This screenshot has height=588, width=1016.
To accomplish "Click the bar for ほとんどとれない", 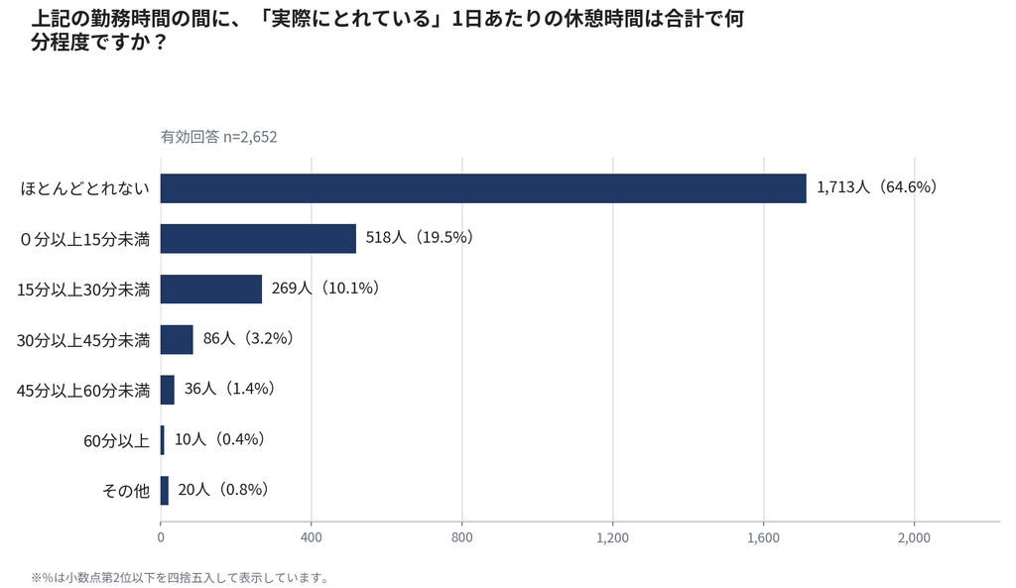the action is click(483, 188).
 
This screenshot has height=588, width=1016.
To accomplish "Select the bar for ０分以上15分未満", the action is click(259, 238).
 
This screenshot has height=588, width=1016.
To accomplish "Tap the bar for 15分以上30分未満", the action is click(211, 289).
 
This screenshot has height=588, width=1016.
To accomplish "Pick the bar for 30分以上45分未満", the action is click(177, 339).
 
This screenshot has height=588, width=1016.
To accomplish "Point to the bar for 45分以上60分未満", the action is click(167, 390).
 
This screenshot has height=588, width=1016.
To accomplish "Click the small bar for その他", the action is click(165, 490).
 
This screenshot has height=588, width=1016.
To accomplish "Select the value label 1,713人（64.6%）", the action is click(877, 187).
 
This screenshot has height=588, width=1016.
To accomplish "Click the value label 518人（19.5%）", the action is click(420, 237).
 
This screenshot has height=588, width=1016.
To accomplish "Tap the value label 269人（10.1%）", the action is click(325, 288).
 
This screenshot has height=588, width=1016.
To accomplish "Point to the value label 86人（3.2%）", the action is click(249, 338).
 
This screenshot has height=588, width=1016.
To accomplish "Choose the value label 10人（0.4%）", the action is click(220, 439).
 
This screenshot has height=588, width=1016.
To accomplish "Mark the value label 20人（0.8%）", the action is click(223, 489).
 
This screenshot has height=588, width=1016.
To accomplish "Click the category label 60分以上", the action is click(117, 441).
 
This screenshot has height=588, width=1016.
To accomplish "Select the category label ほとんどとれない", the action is click(85, 189).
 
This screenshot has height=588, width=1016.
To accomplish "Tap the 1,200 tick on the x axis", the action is click(613, 537).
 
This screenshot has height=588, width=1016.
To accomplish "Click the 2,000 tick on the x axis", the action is click(914, 537).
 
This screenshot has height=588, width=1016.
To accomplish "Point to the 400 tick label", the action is click(311, 537).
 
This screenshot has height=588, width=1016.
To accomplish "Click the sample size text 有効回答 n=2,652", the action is click(219, 137).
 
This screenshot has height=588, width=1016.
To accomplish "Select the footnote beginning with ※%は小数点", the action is click(181, 578).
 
